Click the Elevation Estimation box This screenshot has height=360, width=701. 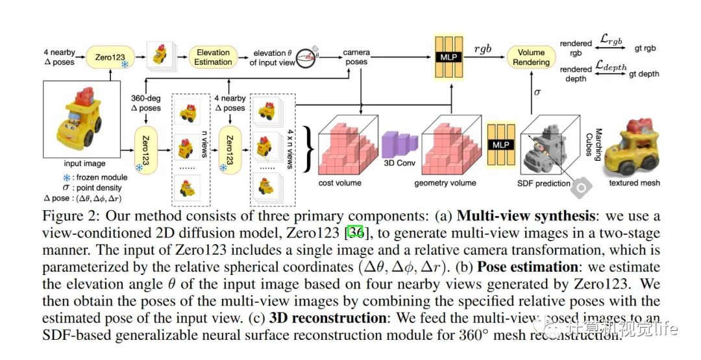213,57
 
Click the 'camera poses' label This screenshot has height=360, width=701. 355,57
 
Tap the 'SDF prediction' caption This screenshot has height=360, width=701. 544,184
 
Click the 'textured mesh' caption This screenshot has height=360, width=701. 635,183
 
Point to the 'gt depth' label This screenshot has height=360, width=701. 644,74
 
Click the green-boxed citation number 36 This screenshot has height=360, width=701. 355,232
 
